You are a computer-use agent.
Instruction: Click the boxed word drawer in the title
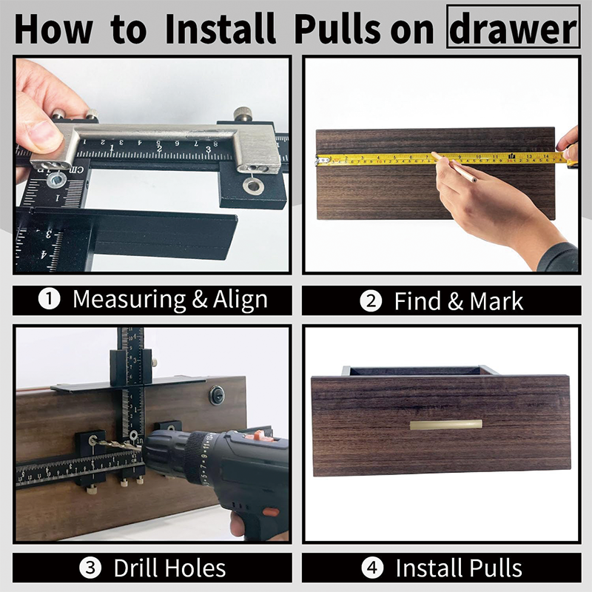click(512, 28)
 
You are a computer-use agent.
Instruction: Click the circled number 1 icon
click(50, 300)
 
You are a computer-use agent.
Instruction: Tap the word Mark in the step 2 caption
click(497, 300)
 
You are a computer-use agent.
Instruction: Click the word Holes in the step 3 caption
click(189, 568)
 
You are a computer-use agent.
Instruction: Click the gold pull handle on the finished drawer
click(445, 424)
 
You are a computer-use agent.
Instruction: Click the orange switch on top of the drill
click(257, 436)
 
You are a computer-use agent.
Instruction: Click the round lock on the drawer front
click(217, 396)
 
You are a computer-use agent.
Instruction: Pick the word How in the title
click(54, 28)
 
